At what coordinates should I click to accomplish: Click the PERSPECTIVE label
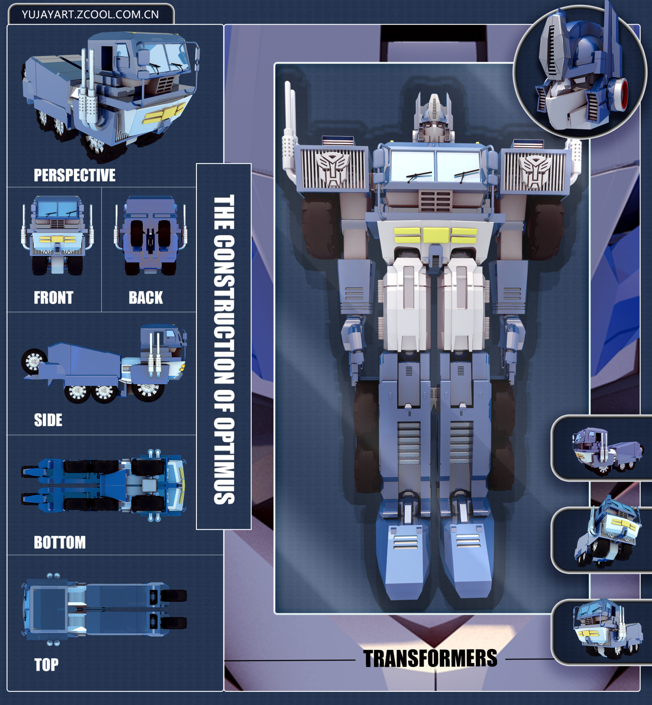(x=74, y=175)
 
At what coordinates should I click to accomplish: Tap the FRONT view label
(x=53, y=298)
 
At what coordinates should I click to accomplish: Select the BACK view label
(x=146, y=298)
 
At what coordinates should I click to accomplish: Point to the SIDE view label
(x=48, y=420)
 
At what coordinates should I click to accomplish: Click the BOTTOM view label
(x=60, y=542)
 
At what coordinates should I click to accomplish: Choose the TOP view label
(x=46, y=664)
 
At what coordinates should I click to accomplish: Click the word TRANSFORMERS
(x=430, y=659)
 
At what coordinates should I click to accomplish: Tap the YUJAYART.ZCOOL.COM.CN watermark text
(x=90, y=15)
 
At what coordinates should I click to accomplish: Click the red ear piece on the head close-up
(x=621, y=94)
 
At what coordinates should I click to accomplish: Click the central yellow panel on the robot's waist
(x=436, y=235)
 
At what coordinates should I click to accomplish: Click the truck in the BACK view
(x=150, y=236)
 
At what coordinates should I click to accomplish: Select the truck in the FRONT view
(x=57, y=236)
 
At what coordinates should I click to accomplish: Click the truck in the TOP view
(x=104, y=609)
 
